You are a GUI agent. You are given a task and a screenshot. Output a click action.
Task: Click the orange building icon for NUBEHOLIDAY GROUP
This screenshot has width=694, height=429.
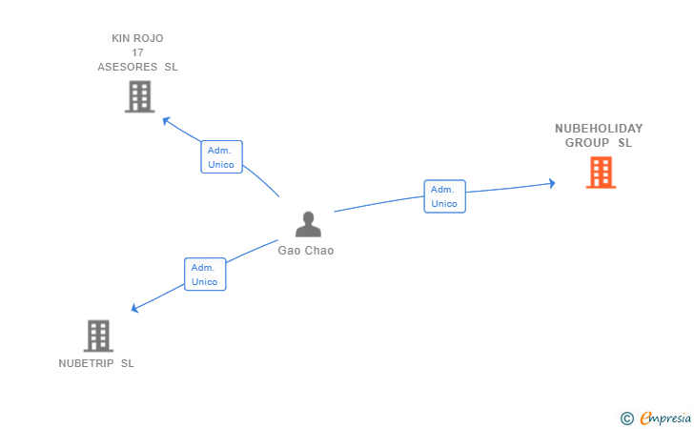601,173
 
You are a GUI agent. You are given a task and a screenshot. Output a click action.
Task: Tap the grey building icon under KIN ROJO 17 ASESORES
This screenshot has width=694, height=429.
139,96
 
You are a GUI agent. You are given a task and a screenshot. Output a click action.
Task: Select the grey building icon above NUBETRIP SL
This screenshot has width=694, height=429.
98,336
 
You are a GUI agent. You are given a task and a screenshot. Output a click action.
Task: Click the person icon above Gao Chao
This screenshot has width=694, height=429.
308,224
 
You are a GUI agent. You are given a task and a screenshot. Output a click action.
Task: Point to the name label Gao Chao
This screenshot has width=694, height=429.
306,251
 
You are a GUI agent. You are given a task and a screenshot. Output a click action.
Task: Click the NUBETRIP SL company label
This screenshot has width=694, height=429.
96,363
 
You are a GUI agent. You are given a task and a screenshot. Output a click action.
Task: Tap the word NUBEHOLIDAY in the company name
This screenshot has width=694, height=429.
599,129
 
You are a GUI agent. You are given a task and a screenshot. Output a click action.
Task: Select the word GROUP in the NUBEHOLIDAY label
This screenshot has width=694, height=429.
587,143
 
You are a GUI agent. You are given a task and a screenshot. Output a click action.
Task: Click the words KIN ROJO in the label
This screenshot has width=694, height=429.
137,38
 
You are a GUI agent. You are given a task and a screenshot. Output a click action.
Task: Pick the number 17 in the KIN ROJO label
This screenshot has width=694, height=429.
137,52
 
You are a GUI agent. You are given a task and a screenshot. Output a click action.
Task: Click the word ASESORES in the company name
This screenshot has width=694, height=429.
128,67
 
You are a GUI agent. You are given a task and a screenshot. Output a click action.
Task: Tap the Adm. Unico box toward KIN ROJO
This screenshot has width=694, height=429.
221,156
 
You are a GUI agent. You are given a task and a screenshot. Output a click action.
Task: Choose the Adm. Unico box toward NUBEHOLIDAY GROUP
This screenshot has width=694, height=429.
444,196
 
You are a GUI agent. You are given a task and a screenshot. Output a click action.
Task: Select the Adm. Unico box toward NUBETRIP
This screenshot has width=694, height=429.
205,274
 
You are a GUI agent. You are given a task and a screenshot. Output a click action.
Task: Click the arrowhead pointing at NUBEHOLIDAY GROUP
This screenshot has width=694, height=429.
552,183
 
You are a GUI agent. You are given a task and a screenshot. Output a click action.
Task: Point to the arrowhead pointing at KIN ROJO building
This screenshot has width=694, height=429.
166,121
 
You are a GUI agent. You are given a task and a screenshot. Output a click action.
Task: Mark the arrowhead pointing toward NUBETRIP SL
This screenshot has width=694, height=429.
135,308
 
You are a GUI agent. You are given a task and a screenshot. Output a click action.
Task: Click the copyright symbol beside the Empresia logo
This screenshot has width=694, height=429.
626,419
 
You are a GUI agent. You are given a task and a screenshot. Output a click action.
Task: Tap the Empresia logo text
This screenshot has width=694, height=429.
665,418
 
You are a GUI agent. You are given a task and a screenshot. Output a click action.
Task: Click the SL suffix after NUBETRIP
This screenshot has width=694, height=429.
128,363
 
